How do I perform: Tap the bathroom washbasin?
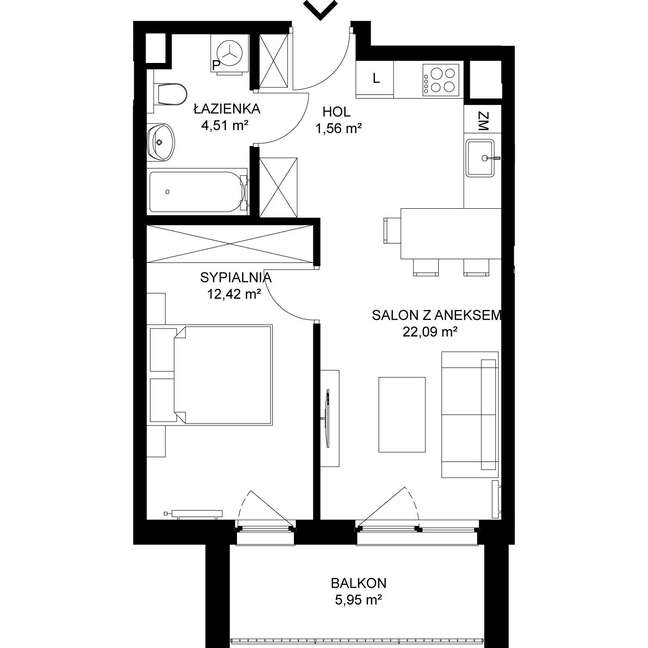(161, 142)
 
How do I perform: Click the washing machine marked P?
(230, 54)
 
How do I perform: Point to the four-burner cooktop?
(441, 81)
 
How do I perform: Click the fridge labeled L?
(374, 79)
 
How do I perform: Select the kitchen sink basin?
(480, 158)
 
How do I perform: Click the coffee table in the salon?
(402, 415)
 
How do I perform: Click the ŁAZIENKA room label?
(227, 109)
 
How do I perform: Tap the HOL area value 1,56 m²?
(338, 128)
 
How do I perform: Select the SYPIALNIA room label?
(236, 277)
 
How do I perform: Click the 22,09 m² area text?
(430, 332)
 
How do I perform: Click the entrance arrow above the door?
(320, 9)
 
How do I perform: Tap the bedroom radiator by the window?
(193, 513)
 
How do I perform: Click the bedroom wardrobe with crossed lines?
(230, 244)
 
